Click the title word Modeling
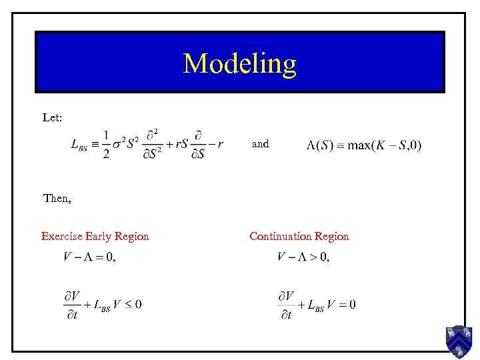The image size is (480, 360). pyautogui.click(x=239, y=63)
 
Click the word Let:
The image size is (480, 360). pyautogui.click(x=53, y=117)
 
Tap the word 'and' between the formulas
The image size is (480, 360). pyautogui.click(x=261, y=143)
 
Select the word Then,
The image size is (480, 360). pyautogui.click(x=57, y=198)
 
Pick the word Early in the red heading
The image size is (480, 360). pyautogui.click(x=99, y=236)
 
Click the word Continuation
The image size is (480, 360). pyautogui.click(x=281, y=236)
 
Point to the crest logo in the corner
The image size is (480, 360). pyautogui.click(x=459, y=341)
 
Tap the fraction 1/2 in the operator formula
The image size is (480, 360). pyautogui.click(x=106, y=145)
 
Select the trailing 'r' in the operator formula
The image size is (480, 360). pyautogui.click(x=220, y=144)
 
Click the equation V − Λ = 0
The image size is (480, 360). pyautogui.click(x=89, y=257)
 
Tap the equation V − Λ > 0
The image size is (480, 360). pyautogui.click(x=303, y=257)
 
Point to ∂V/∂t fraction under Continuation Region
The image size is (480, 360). pyautogui.click(x=287, y=305)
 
